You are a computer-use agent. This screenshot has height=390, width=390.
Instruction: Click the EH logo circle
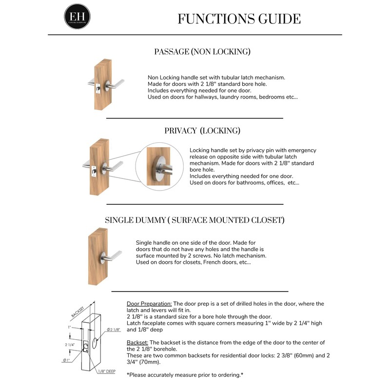coord(77,16)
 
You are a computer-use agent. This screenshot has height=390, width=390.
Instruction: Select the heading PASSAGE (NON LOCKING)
coord(202,51)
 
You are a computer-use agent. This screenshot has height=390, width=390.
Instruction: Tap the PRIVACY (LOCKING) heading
coord(202,131)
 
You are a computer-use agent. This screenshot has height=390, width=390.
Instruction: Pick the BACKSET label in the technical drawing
coord(78,311)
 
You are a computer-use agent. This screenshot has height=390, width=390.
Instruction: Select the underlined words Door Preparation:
coord(149,304)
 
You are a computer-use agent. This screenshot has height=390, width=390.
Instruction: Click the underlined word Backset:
coord(137,343)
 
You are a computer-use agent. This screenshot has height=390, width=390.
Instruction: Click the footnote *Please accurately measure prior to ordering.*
coord(185,374)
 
